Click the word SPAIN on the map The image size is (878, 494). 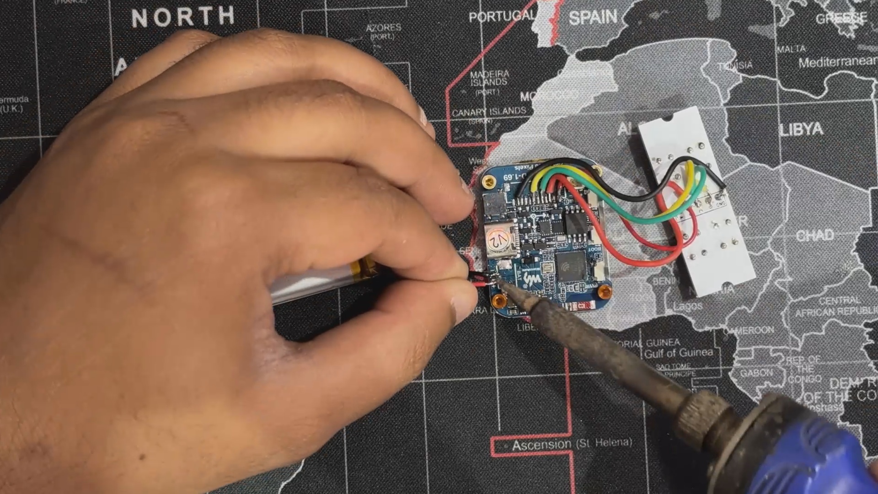[x=593, y=18]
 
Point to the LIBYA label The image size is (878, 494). [x=801, y=129]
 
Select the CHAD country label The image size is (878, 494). [x=814, y=236]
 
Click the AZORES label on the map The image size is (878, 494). [x=383, y=28]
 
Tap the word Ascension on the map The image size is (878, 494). [x=541, y=445]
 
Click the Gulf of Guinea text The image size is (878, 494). [x=679, y=353]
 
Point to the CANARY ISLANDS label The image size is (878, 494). [x=489, y=112]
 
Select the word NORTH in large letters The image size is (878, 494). [x=183, y=17]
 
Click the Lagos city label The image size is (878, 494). [x=688, y=306]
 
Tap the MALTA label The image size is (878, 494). [x=791, y=48]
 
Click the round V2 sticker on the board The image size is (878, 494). [x=497, y=239]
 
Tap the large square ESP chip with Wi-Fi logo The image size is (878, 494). [x=571, y=265]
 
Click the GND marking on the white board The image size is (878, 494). [x=719, y=201]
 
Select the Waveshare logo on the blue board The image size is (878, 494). [x=532, y=280]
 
